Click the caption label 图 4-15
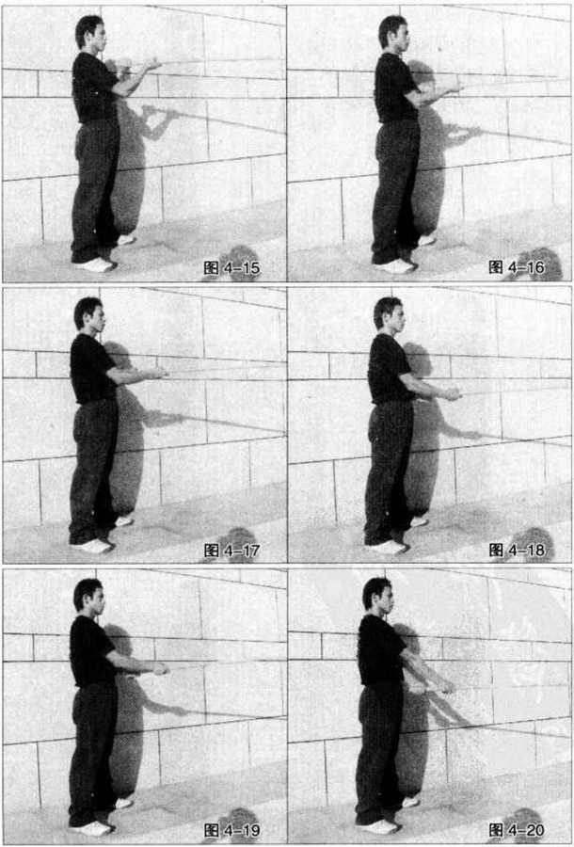[231, 268]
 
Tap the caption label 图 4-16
[517, 267]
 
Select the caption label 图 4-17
[231, 551]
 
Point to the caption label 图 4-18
[517, 550]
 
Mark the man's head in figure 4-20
[377, 597]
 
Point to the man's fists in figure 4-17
[158, 372]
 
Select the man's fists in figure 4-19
[159, 669]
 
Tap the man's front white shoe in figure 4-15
[96, 264]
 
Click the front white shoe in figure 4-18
[389, 547]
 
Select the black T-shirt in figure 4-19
[90, 651]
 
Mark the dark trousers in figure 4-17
[93, 470]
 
